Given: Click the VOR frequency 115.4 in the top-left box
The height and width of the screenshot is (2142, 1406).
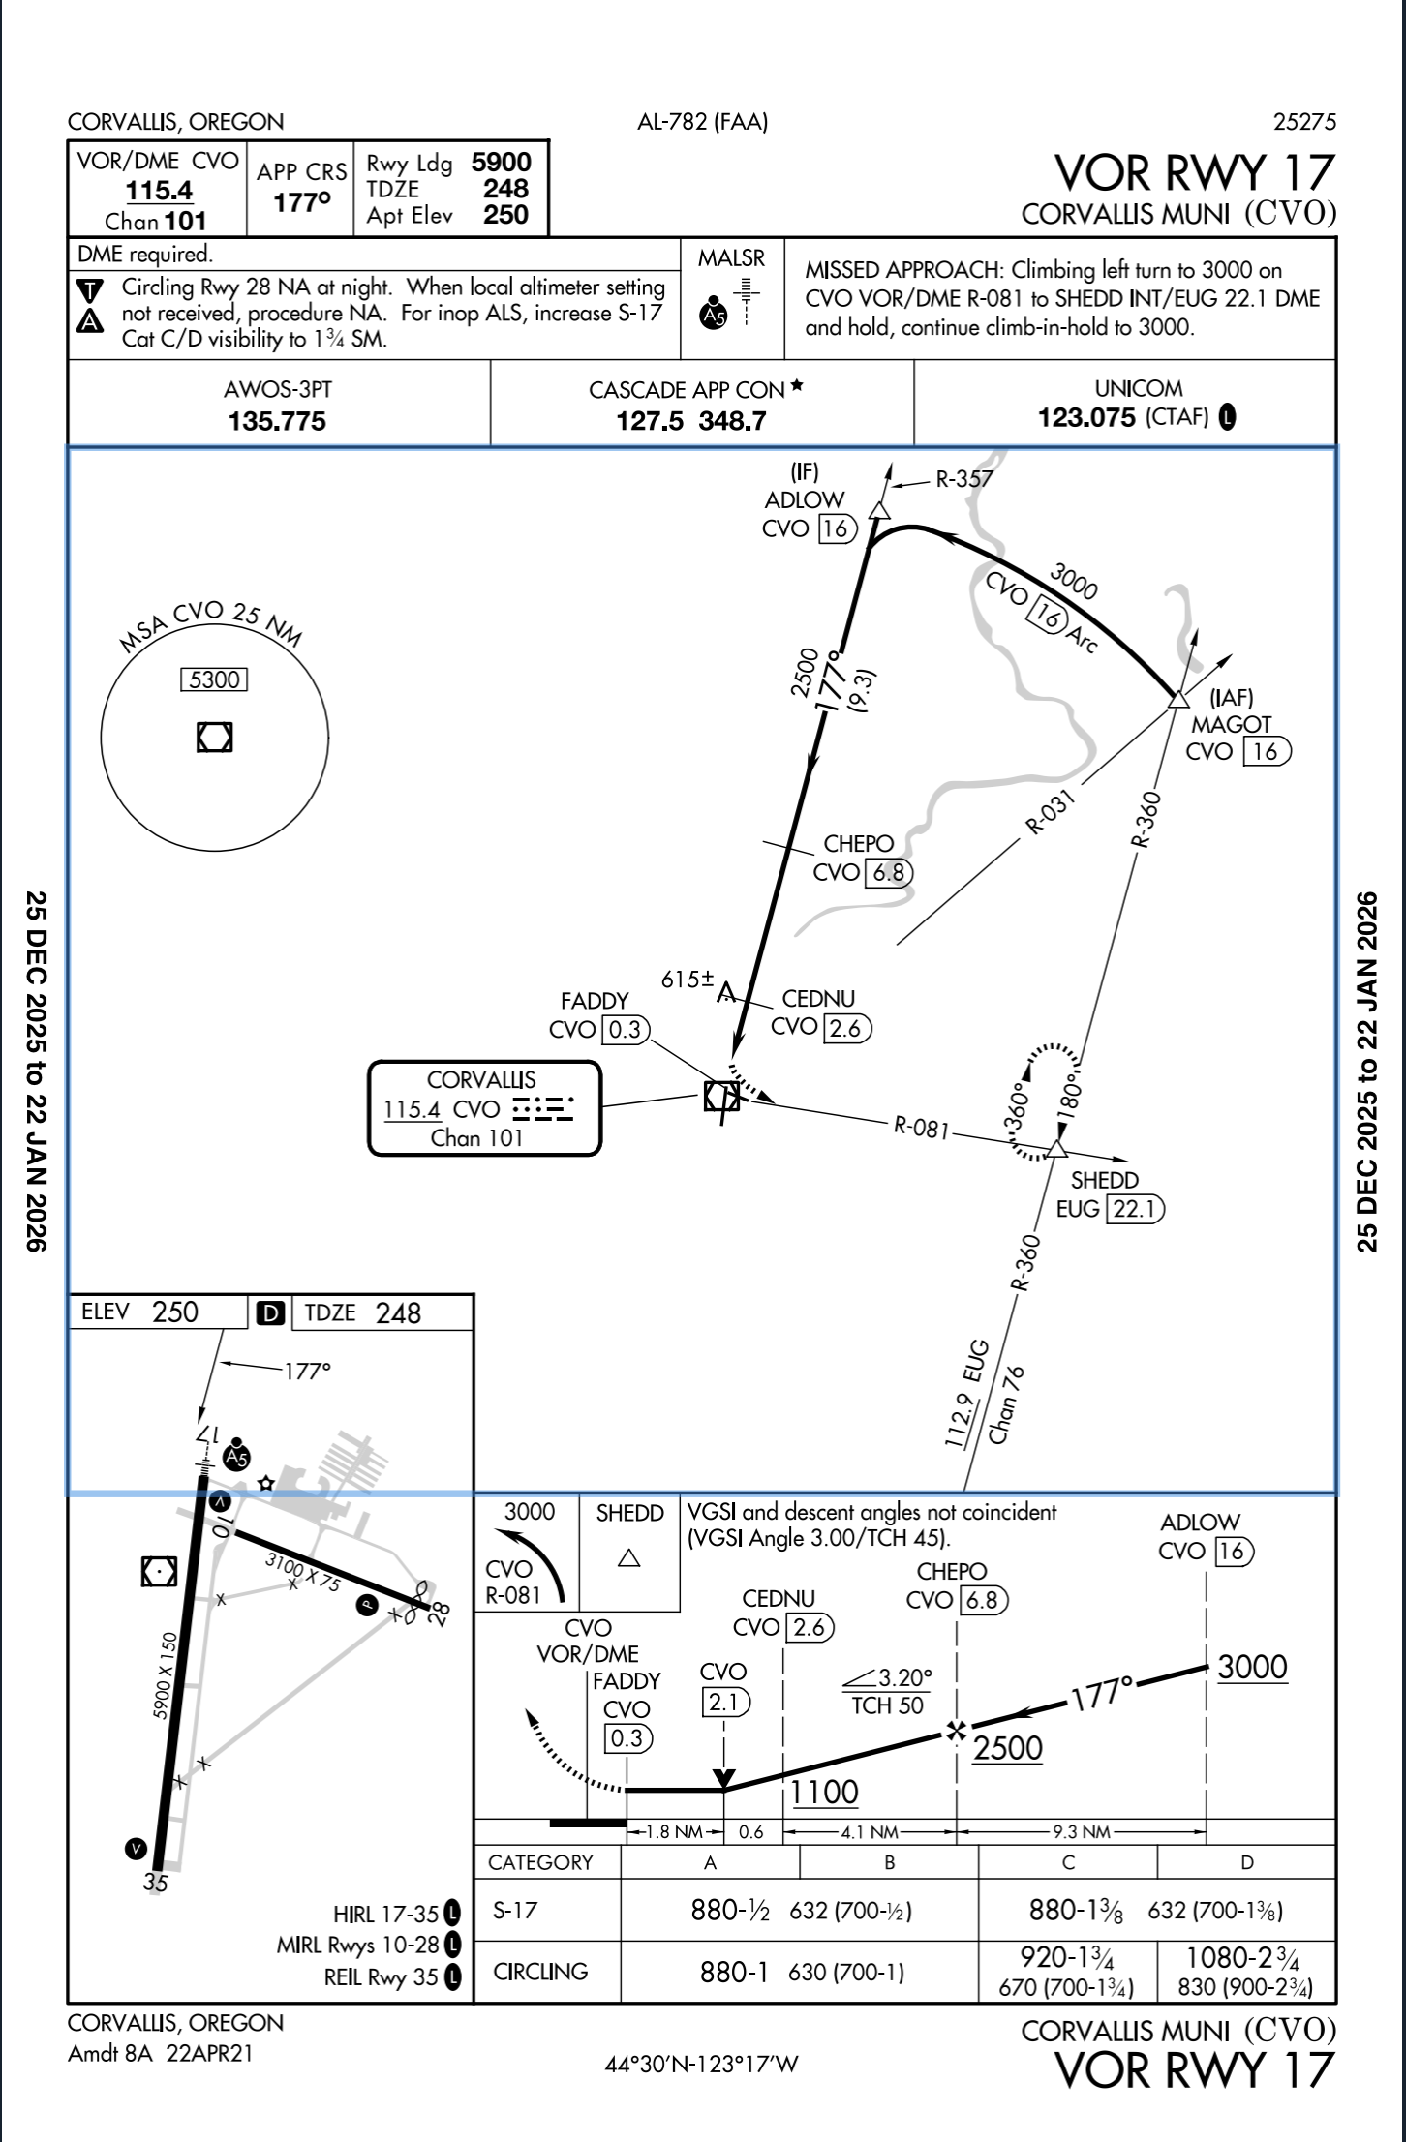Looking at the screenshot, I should click(159, 191).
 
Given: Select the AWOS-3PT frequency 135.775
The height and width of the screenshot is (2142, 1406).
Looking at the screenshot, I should click(277, 421).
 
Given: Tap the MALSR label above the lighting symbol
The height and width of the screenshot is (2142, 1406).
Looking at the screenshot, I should click(731, 258).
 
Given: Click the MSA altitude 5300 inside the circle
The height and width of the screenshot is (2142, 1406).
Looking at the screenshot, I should click(214, 679).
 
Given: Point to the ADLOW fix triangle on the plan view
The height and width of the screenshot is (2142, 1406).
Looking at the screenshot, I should click(879, 510).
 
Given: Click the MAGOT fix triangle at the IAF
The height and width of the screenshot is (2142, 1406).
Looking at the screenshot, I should click(1177, 699).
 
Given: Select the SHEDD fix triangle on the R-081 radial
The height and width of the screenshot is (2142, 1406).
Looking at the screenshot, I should click(1056, 1149).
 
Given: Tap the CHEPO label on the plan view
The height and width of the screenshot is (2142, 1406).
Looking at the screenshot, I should click(858, 844).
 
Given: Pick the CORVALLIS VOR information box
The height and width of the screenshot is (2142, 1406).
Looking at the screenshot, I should click(484, 1108).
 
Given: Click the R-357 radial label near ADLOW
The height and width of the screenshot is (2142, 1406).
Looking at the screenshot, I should click(963, 478).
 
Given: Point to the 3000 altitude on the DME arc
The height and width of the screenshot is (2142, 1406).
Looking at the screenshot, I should click(1074, 582).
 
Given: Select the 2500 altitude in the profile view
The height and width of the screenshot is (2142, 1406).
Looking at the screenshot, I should click(1007, 1748).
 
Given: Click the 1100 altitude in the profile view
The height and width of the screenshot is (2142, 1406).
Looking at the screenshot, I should click(824, 1792).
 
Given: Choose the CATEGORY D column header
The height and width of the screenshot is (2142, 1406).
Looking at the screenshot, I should click(1246, 1862).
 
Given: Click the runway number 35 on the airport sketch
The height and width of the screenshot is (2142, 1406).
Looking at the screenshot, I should click(155, 1883).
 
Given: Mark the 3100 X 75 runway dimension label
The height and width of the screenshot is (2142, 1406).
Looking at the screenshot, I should click(303, 1573).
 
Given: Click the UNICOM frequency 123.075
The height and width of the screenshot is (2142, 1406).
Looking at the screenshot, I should click(1085, 417).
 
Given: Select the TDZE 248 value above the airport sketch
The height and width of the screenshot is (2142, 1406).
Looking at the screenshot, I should click(398, 1313).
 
